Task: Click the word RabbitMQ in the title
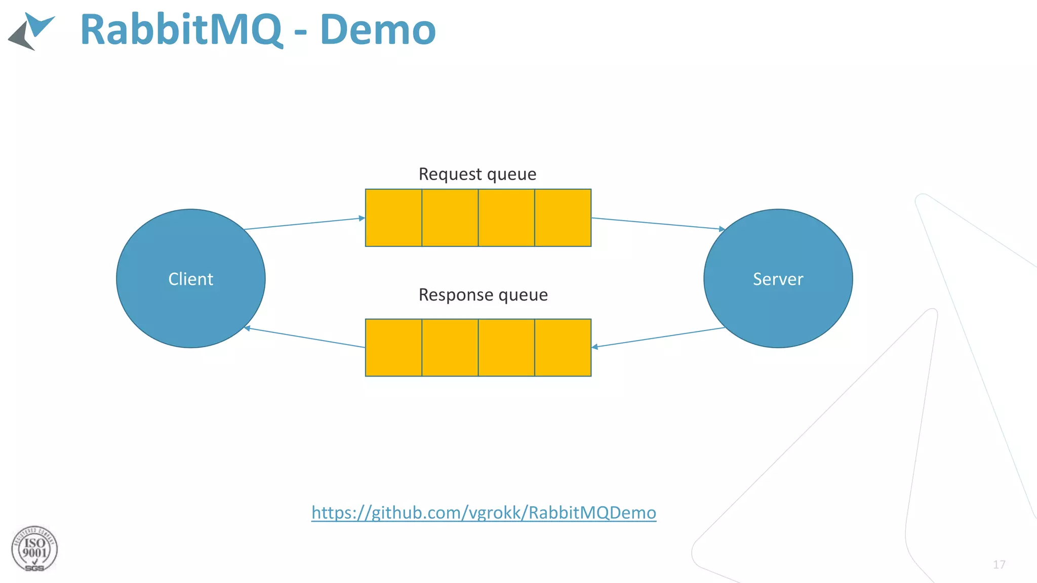(181, 30)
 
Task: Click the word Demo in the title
(378, 30)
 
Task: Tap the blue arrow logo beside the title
(31, 31)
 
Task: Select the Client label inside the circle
(191, 279)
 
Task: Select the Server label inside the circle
(778, 279)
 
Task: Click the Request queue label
(477, 174)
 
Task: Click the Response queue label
(483, 295)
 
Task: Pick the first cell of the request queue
(393, 218)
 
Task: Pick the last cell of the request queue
(563, 218)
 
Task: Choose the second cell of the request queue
(450, 218)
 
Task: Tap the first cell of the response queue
(393, 348)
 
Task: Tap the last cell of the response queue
(563, 348)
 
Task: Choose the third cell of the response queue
(506, 348)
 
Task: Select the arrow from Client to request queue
(304, 224)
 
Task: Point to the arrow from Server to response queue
(658, 338)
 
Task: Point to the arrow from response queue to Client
(304, 338)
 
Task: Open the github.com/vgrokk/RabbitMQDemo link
(484, 513)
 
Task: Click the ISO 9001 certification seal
(34, 549)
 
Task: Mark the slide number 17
(999, 564)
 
